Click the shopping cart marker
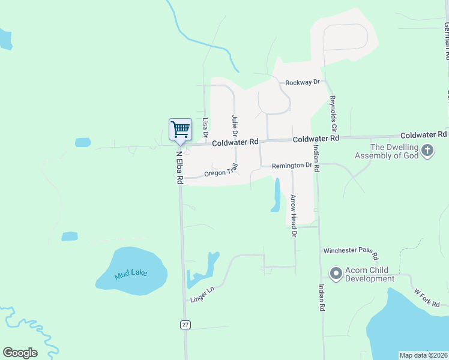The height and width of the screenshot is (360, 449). pyautogui.click(x=180, y=129)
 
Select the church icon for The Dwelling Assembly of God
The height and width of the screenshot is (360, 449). pyautogui.click(x=427, y=150)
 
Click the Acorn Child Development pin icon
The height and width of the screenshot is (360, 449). pyautogui.click(x=336, y=274)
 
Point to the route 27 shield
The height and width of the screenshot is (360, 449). pyautogui.click(x=185, y=325)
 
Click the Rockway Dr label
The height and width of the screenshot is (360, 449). pyautogui.click(x=303, y=82)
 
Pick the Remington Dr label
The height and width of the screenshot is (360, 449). pyautogui.click(x=292, y=165)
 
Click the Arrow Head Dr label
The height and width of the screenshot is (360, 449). pyautogui.click(x=294, y=215)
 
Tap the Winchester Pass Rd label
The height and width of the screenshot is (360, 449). pyautogui.click(x=351, y=253)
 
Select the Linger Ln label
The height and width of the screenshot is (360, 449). pyautogui.click(x=202, y=293)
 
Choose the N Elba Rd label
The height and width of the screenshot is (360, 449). pyautogui.click(x=179, y=166)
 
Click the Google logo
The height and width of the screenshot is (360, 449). pyautogui.click(x=20, y=353)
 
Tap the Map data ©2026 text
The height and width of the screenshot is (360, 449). pyautogui.click(x=423, y=355)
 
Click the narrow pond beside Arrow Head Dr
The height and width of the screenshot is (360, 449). pyautogui.click(x=276, y=196)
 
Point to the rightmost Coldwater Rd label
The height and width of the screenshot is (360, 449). pyautogui.click(x=423, y=135)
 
